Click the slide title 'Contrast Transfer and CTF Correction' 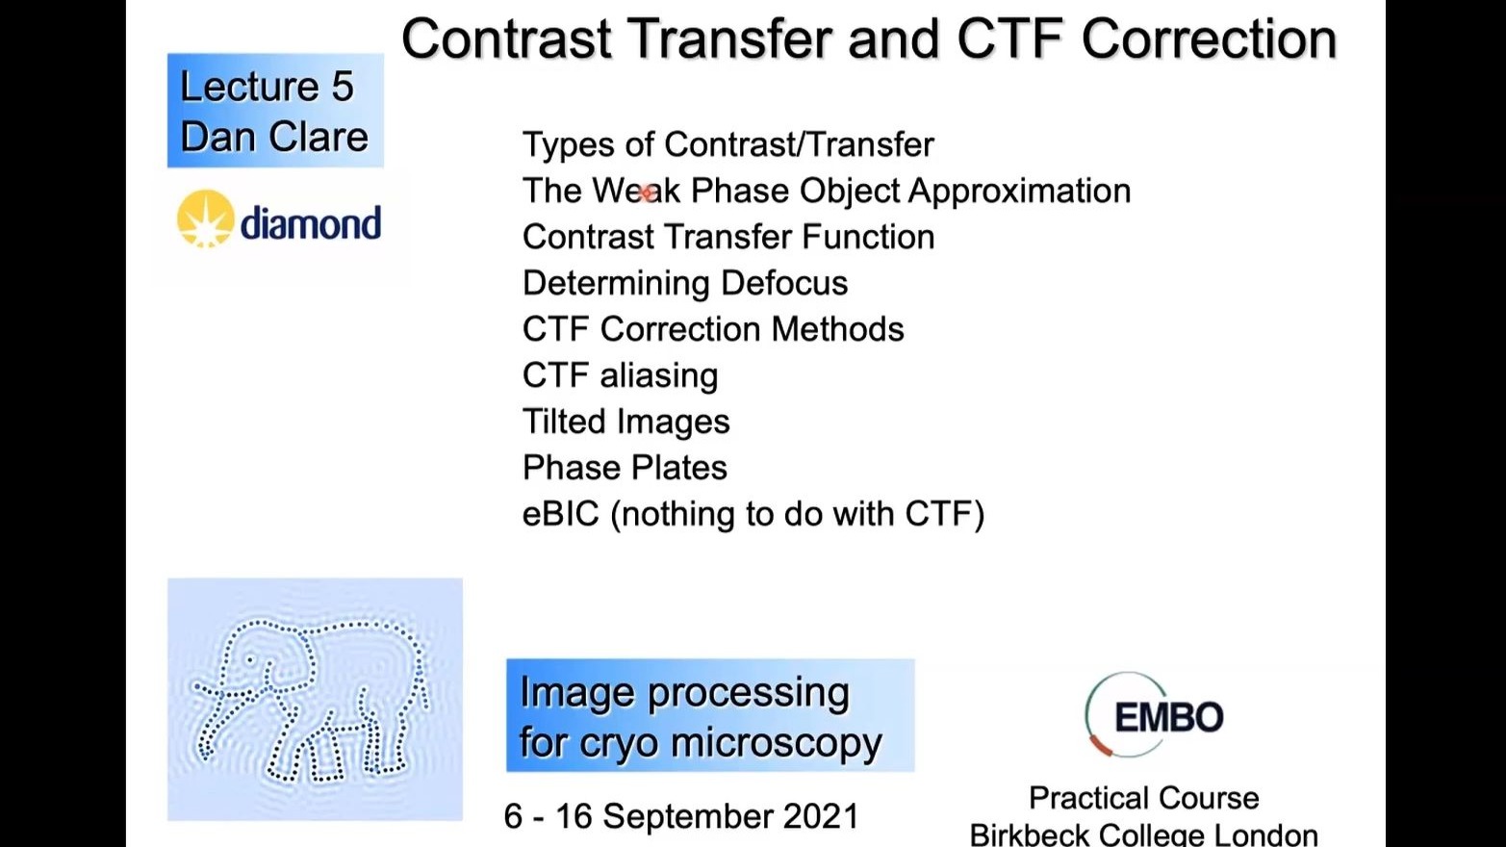(869, 39)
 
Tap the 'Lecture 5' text (267, 87)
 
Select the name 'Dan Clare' (274, 137)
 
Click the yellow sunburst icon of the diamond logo (206, 218)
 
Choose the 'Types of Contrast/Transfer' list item (728, 144)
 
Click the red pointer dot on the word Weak (646, 193)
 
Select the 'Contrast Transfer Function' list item (728, 237)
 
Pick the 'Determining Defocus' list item (685, 283)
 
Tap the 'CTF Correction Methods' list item (713, 329)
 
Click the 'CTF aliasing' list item (620, 375)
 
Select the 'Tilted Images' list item (625, 423)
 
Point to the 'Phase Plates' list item (625, 468)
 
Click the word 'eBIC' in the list (560, 514)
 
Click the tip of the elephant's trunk (203, 757)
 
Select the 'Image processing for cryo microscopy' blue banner (710, 715)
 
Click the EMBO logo (1154, 714)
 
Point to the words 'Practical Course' (1143, 799)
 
